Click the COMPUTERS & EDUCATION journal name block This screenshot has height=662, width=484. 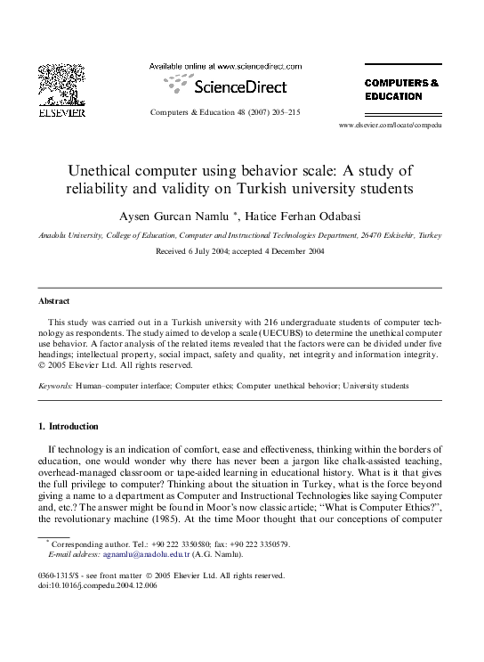(x=401, y=89)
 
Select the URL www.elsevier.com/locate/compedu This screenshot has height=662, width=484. (x=390, y=126)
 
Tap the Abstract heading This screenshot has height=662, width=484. (x=54, y=301)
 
